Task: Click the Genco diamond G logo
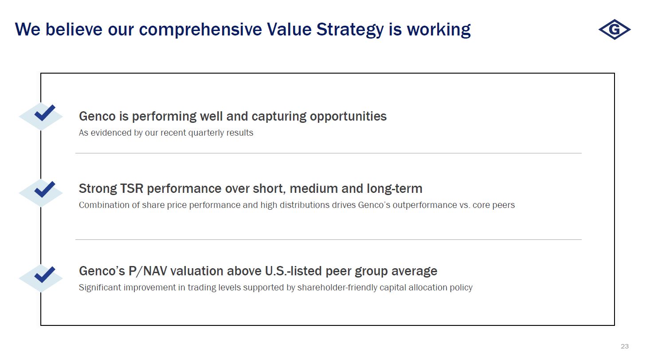pyautogui.click(x=615, y=29)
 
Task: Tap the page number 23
pyautogui.click(x=625, y=346)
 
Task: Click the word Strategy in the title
pyautogui.click(x=350, y=30)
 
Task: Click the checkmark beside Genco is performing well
pyautogui.click(x=45, y=113)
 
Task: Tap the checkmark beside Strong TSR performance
pyautogui.click(x=45, y=189)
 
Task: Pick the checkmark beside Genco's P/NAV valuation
pyautogui.click(x=45, y=274)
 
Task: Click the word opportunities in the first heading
pyautogui.click(x=348, y=117)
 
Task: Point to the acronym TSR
pyautogui.click(x=131, y=189)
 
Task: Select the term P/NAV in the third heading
pyautogui.click(x=147, y=271)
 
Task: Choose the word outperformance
pyautogui.click(x=425, y=205)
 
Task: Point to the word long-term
pyautogui.click(x=395, y=189)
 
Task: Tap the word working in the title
pyautogui.click(x=438, y=30)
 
